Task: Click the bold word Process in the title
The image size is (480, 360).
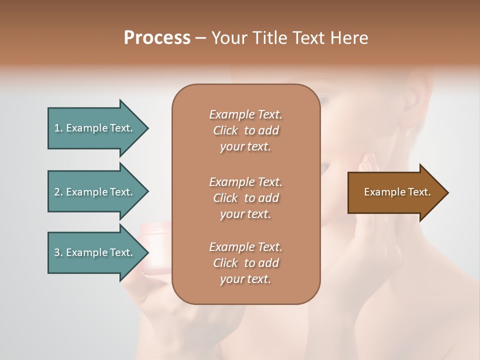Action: tap(157, 38)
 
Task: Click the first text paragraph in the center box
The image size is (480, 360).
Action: tap(245, 130)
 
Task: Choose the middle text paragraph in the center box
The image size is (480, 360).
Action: tap(245, 197)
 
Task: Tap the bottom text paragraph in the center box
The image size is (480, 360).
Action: tap(245, 263)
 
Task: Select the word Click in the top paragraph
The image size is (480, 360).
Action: tap(225, 130)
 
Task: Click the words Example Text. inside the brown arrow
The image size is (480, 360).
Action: tap(397, 192)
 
